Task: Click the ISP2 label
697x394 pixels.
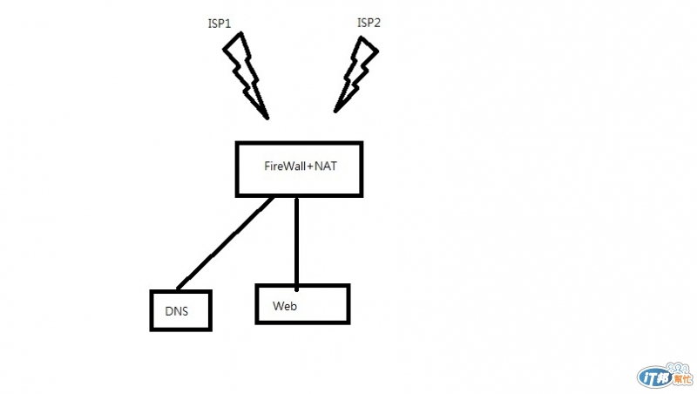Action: (369, 23)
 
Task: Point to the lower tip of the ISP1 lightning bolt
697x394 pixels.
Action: (267, 117)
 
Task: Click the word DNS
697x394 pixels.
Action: (177, 310)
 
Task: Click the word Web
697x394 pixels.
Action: (285, 306)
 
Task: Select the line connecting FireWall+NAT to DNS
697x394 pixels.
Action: (225, 243)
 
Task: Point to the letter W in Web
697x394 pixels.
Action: (278, 306)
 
